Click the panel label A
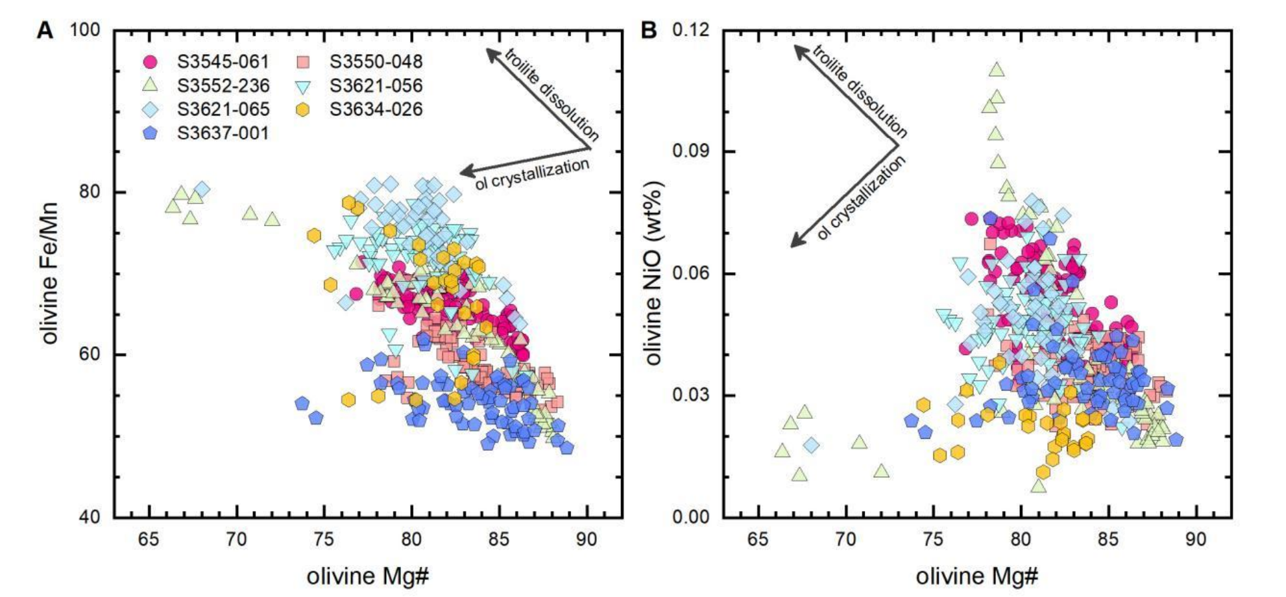(45, 30)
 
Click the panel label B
(648, 30)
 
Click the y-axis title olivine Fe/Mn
(50, 273)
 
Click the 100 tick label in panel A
(84, 30)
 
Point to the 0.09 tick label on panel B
(691, 151)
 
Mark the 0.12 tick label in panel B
(691, 30)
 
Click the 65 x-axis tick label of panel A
(149, 539)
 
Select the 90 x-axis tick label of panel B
(1196, 539)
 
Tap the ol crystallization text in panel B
(861, 198)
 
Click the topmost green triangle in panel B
(997, 69)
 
